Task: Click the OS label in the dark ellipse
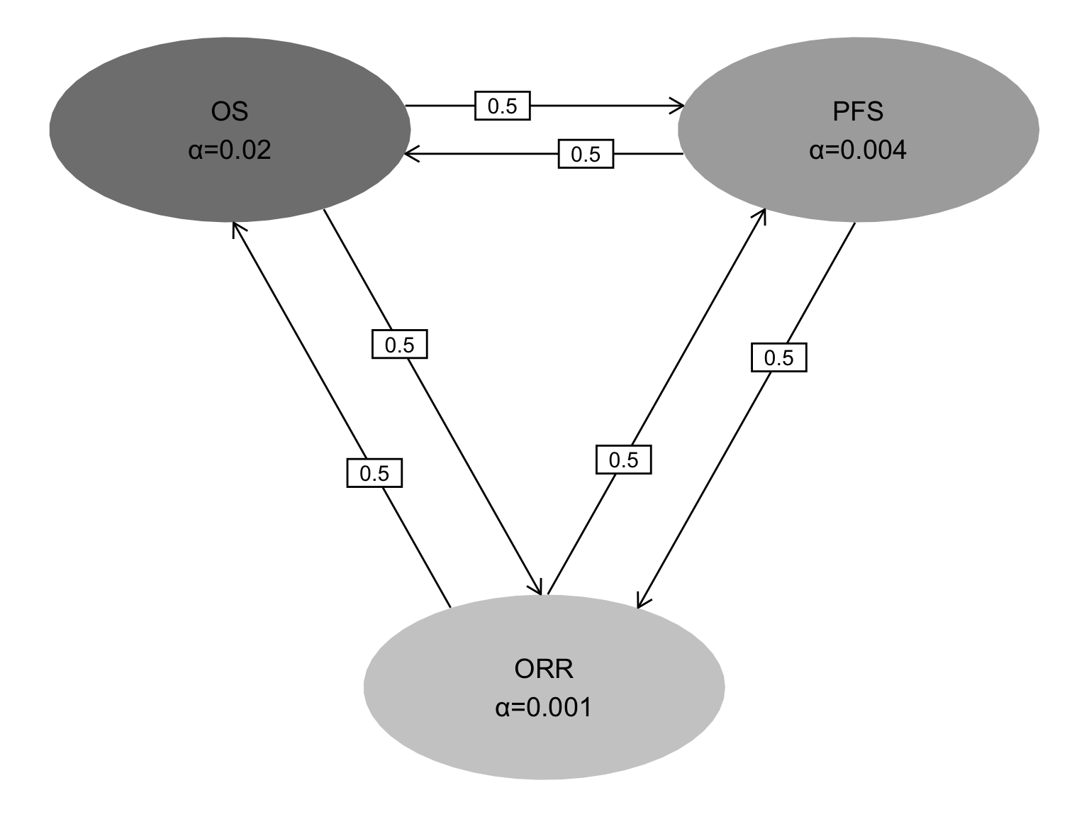click(229, 111)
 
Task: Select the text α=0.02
click(230, 150)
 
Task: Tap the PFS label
click(858, 111)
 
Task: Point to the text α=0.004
click(858, 150)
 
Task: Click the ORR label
click(544, 669)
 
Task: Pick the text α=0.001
click(544, 707)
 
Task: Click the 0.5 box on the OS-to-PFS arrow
click(503, 106)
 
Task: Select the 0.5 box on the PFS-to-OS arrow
click(586, 154)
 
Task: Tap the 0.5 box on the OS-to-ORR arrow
click(399, 344)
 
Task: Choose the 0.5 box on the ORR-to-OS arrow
click(374, 473)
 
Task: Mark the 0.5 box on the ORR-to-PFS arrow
click(624, 460)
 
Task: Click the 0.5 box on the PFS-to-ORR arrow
click(779, 357)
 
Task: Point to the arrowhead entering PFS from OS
click(678, 106)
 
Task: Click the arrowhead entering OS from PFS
click(411, 154)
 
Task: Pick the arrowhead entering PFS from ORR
click(761, 216)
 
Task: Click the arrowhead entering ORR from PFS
click(642, 601)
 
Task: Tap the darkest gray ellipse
click(230, 130)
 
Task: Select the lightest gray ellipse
click(544, 687)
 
